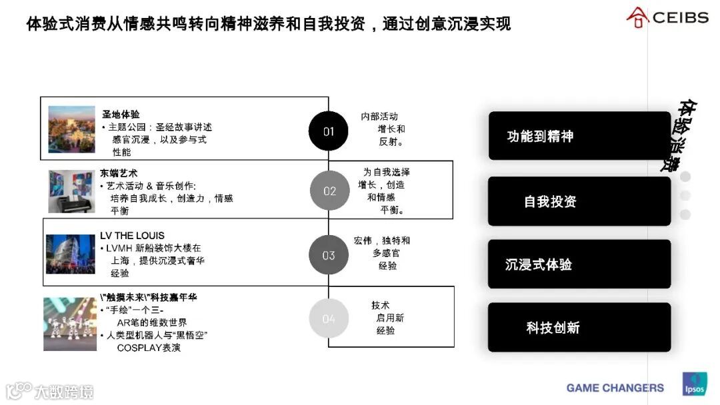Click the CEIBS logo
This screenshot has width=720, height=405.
tap(667, 17)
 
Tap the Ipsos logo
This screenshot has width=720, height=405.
tap(693, 384)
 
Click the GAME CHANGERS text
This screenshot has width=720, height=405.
tap(615, 388)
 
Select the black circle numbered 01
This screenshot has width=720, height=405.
tap(329, 131)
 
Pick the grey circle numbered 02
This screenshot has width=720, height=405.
tap(329, 191)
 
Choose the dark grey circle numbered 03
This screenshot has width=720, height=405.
tap(329, 255)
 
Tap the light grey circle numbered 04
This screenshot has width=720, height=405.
tap(329, 318)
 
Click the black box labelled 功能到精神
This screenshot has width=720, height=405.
tap(579, 136)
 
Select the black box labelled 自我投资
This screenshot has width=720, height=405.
tap(579, 201)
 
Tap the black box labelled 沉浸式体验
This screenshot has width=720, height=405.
tap(579, 264)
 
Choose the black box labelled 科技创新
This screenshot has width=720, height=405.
tap(579, 327)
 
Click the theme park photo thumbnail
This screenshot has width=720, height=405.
tap(71, 129)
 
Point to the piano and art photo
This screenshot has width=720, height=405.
tap(71, 191)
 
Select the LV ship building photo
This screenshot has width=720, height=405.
tap(71, 254)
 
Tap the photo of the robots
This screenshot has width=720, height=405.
tap(70, 324)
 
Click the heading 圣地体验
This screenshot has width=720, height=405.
tap(121, 115)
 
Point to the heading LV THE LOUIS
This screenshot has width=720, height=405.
tap(132, 235)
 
